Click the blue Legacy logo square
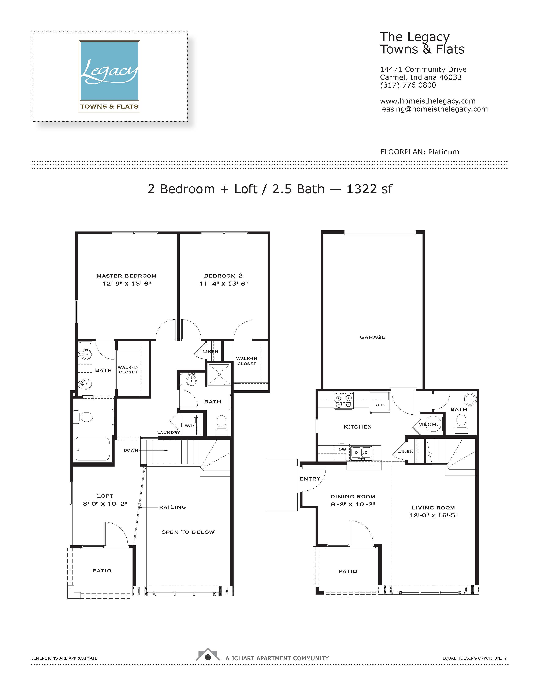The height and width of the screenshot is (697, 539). (x=109, y=71)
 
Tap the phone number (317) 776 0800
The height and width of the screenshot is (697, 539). (x=408, y=85)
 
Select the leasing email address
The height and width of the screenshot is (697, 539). (x=434, y=109)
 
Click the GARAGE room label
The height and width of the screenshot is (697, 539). (x=372, y=337)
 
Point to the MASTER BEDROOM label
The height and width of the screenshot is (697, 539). (x=126, y=276)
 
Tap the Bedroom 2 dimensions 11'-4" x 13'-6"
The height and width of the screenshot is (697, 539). (x=223, y=283)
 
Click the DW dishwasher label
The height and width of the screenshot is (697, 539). (x=342, y=450)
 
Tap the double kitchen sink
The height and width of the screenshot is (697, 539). (x=361, y=453)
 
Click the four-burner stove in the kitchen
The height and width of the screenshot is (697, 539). (x=343, y=401)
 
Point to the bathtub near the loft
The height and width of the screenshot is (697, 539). (x=92, y=449)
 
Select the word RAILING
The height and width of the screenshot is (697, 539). (x=172, y=507)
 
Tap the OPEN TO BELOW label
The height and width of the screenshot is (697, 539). (x=188, y=532)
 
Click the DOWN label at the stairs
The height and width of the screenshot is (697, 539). (x=131, y=450)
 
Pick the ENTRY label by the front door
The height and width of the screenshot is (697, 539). (x=310, y=479)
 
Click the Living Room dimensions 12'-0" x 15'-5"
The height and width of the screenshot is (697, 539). (x=433, y=515)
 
